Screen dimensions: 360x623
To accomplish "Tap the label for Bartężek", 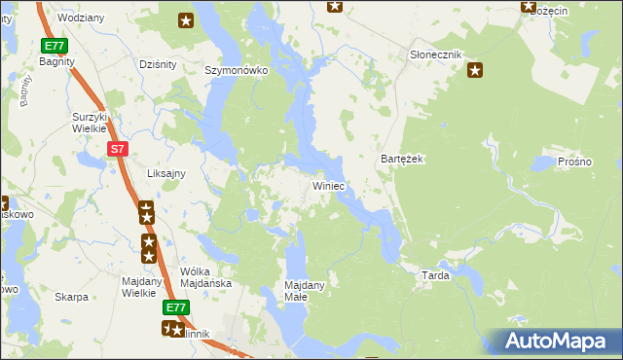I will [399, 159].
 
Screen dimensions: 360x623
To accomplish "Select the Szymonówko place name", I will [236, 71].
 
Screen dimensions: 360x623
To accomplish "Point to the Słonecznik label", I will [435, 54].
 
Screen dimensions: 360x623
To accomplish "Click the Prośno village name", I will [574, 161].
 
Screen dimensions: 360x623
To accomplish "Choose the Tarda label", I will [434, 275].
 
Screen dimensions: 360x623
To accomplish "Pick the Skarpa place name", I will [71, 297].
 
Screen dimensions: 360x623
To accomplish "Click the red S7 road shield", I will [117, 148].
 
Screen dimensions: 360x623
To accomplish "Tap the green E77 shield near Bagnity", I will [54, 46].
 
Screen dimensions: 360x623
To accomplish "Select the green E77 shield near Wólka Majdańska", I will [174, 307].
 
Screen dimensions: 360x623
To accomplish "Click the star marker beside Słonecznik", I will [475, 69].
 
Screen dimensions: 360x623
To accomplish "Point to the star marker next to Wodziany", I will [186, 19].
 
